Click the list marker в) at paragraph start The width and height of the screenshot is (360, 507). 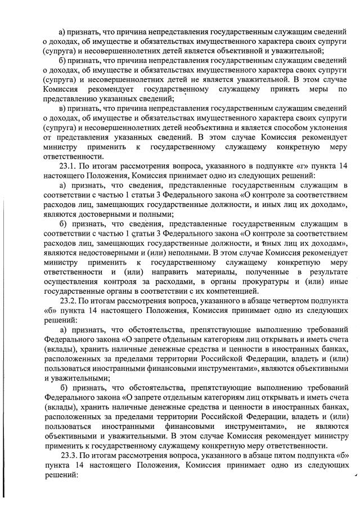[x=63, y=107]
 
